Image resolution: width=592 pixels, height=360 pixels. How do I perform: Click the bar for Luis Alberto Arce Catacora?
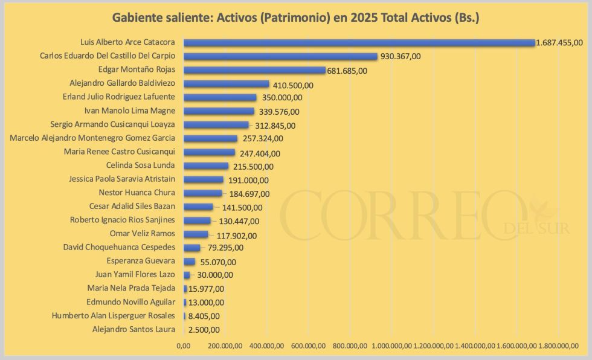coord(359,43)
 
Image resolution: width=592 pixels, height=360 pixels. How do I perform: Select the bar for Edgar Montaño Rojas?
coord(254,70)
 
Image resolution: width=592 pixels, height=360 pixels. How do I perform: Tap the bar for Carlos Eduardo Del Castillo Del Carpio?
coord(280,56)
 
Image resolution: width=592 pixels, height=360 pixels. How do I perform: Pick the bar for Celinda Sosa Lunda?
coord(206,166)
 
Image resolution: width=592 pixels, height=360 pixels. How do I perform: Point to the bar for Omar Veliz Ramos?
coord(196,234)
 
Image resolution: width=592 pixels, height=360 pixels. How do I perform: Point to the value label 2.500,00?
coord(204,330)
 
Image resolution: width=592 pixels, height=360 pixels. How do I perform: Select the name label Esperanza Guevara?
coord(141,261)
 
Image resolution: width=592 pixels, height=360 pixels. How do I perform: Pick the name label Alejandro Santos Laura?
coord(134,329)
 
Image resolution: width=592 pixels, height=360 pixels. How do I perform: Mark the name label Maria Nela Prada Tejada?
coord(131,288)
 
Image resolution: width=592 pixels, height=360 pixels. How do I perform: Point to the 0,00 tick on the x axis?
coord(183,346)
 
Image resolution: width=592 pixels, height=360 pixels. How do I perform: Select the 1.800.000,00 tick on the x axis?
coord(559,346)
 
